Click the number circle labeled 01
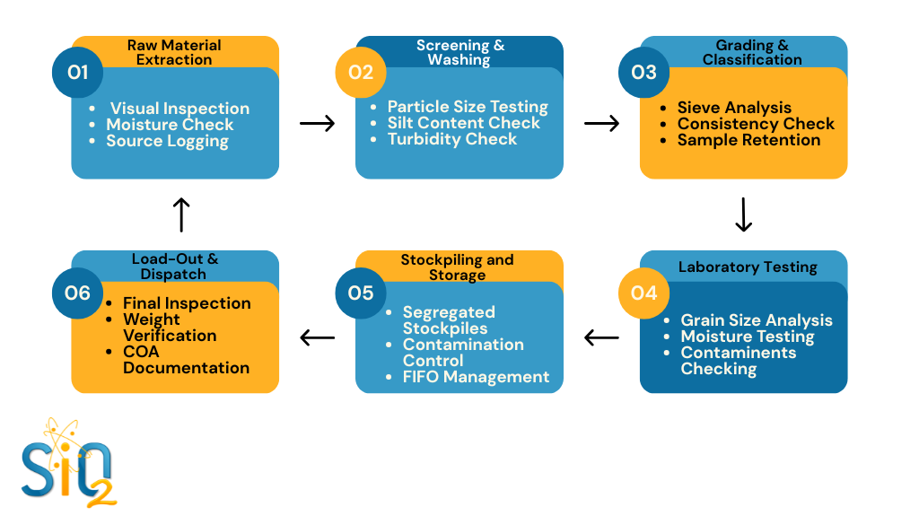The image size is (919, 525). coord(78,72)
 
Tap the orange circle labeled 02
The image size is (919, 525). coord(361,72)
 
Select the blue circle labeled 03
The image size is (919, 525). coord(644,72)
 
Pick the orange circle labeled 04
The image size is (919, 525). coord(644,293)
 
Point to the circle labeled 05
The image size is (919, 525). coord(361,293)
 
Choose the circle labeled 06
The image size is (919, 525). coord(78,293)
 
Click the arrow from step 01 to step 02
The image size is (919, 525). coord(317,124)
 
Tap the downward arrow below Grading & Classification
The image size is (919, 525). coord(743,214)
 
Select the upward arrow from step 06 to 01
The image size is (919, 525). coord(181,214)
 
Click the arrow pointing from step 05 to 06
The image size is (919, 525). coord(317,337)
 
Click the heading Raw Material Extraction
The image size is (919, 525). coord(174,52)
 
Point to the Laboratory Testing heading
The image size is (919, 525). coord(747,267)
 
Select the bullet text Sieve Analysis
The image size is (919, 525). coord(734,108)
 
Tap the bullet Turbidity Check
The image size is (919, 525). coord(451,139)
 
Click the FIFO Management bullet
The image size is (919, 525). coord(475,377)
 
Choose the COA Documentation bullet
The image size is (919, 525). coord(186,360)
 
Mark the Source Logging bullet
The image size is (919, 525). coord(167,141)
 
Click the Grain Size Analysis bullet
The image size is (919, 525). coord(756,320)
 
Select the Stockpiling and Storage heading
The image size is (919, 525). coord(457,267)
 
